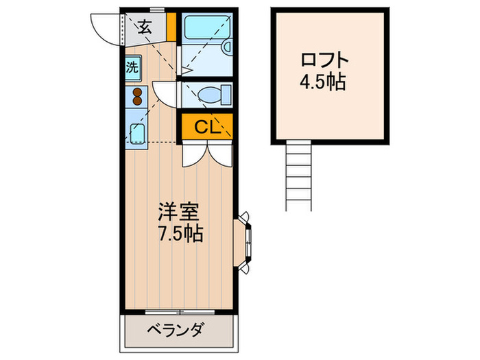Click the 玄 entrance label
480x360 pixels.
pos(145,27)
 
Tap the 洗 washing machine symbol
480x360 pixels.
pos(131,67)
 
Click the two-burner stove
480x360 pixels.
pos(136,96)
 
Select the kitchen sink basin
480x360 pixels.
pos(138,133)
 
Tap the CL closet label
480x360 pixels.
pos(207,127)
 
